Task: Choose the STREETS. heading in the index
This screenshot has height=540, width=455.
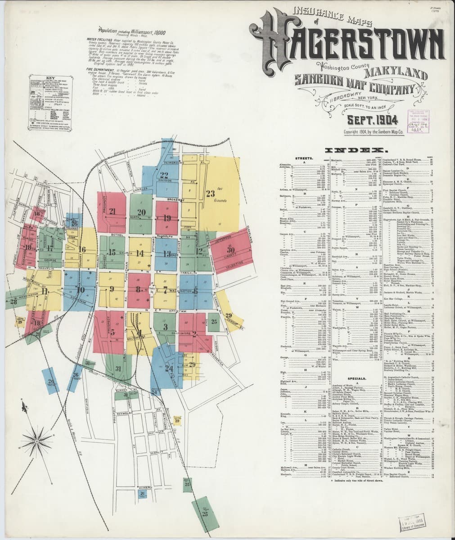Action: pyautogui.click(x=304, y=158)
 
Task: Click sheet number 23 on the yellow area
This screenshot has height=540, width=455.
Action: pyautogui.click(x=211, y=194)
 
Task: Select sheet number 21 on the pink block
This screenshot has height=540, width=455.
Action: pyautogui.click(x=113, y=211)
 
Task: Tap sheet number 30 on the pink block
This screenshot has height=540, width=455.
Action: pyautogui.click(x=231, y=250)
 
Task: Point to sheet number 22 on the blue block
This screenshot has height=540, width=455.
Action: pyautogui.click(x=164, y=175)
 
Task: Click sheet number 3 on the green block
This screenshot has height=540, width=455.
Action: pyautogui.click(x=166, y=327)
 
